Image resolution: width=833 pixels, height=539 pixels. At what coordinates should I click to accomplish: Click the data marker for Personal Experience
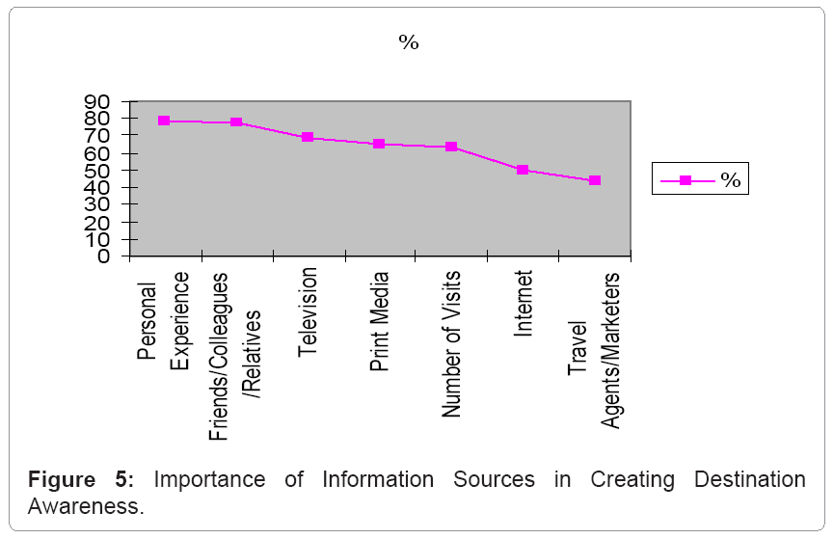(165, 121)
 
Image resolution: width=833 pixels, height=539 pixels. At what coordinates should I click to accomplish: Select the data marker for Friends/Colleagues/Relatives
(236, 122)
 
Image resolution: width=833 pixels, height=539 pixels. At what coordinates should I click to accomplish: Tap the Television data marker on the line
(308, 137)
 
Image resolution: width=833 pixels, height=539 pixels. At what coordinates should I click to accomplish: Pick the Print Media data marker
(379, 144)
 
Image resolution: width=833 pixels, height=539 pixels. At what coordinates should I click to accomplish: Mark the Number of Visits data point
(450, 147)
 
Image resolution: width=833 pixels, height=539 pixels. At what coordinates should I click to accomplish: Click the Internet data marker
(523, 170)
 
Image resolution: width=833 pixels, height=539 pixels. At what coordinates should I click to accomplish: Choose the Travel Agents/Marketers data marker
(594, 180)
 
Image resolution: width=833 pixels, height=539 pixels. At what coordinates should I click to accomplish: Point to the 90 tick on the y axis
(99, 100)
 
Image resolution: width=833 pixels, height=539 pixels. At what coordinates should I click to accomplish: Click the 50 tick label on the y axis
(99, 170)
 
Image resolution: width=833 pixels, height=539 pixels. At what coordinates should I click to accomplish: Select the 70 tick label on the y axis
(99, 135)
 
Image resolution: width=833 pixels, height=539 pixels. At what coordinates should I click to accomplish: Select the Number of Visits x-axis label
(450, 344)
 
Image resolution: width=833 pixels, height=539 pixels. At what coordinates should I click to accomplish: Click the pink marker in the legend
(685, 180)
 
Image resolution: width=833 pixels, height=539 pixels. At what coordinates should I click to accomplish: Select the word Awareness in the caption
(85, 507)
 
